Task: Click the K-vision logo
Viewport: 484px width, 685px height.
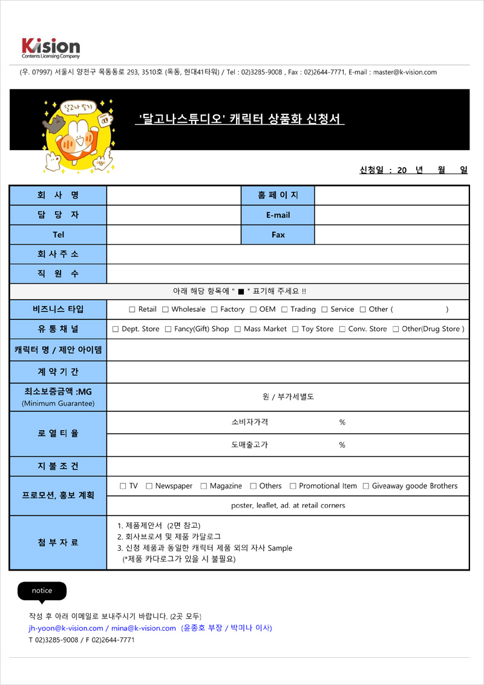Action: click(x=50, y=47)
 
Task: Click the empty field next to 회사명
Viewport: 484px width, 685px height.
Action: click(x=174, y=195)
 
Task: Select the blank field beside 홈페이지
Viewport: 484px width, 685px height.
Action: click(x=391, y=195)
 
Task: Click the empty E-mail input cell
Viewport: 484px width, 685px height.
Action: click(x=391, y=215)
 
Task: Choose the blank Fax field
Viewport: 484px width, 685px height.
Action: click(x=391, y=235)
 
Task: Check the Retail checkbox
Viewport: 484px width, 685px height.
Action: click(x=132, y=310)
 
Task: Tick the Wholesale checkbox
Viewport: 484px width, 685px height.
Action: click(x=165, y=310)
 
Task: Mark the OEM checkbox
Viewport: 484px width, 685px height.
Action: click(x=253, y=310)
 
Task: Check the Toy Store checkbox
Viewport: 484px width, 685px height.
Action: click(x=295, y=329)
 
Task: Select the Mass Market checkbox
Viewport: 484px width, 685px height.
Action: click(x=238, y=329)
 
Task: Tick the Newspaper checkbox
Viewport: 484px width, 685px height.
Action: click(x=149, y=487)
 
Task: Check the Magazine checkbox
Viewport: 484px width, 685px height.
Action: click(x=204, y=487)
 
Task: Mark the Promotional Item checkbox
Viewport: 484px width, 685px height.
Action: click(x=293, y=487)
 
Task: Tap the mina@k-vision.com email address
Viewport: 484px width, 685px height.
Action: click(x=143, y=628)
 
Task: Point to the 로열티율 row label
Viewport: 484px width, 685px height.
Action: click(x=58, y=434)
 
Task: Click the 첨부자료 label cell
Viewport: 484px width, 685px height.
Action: click(x=58, y=543)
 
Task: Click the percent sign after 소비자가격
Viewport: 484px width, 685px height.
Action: click(x=342, y=422)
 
